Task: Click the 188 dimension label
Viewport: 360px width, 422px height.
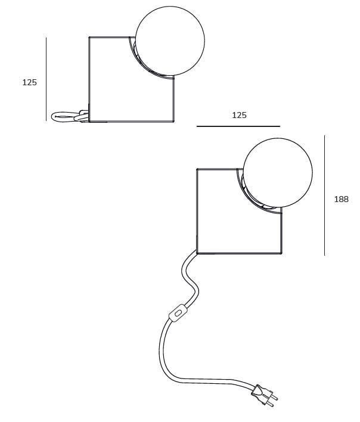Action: pyautogui.click(x=341, y=199)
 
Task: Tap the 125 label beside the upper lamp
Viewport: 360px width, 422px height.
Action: pyautogui.click(x=29, y=83)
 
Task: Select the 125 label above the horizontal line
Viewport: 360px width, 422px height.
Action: pyautogui.click(x=239, y=115)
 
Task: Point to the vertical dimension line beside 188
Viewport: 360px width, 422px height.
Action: pyautogui.click(x=324, y=195)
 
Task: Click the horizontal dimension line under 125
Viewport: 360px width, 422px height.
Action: pyautogui.click(x=238, y=126)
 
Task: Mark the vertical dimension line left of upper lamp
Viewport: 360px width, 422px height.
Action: pyautogui.click(x=46, y=79)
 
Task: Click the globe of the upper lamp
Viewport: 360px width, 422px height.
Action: pyautogui.click(x=170, y=41)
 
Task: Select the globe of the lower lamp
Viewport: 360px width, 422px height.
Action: pyautogui.click(x=278, y=173)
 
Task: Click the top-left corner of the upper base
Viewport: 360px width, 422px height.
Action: pyautogui.click(x=89, y=37)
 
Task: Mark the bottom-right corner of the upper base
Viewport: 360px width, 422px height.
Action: pyautogui.click(x=173, y=122)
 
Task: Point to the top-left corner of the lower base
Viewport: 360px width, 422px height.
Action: pyautogui.click(x=197, y=169)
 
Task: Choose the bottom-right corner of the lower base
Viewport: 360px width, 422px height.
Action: pyautogui.click(x=281, y=253)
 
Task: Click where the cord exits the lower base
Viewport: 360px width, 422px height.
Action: pyautogui.click(x=195, y=253)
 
